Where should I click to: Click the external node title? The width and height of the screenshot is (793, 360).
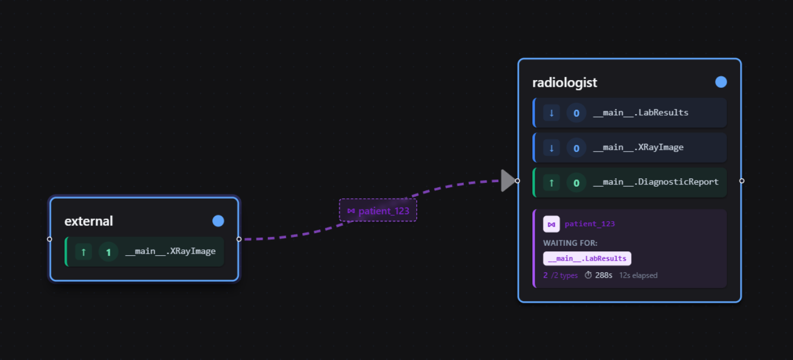[x=88, y=221]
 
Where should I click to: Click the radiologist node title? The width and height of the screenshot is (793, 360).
[x=565, y=82]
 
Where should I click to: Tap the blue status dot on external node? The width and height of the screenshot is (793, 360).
[x=218, y=221]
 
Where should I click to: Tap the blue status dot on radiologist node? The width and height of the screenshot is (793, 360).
[x=721, y=82]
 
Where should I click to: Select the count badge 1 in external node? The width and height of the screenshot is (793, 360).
[x=108, y=252]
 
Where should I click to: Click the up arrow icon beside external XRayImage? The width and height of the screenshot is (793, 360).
[x=83, y=252]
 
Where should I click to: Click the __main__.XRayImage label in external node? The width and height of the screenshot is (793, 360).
[x=170, y=251]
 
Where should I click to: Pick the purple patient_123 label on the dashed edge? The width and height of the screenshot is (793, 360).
[x=378, y=211]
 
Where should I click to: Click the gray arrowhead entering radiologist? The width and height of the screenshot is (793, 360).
[x=508, y=181]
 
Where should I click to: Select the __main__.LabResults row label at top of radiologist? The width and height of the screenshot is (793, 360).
[x=640, y=113]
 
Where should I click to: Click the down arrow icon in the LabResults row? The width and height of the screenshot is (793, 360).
[x=551, y=113]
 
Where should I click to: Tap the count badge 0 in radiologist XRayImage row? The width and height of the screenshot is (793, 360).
[x=576, y=148]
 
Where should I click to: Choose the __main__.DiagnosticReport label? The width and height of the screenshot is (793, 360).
[x=656, y=182]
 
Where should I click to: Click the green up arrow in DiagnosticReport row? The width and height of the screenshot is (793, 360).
[x=551, y=183]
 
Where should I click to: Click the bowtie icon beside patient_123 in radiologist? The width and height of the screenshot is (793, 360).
[x=551, y=224]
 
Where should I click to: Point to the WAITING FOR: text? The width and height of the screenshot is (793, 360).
[x=570, y=243]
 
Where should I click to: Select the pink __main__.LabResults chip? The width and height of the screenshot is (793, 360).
[x=587, y=258]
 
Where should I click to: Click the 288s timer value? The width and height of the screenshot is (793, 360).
[x=604, y=275]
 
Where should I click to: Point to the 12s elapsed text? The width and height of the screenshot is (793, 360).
[x=638, y=275]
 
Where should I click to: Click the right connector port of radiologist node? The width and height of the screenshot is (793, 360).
[x=741, y=181]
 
